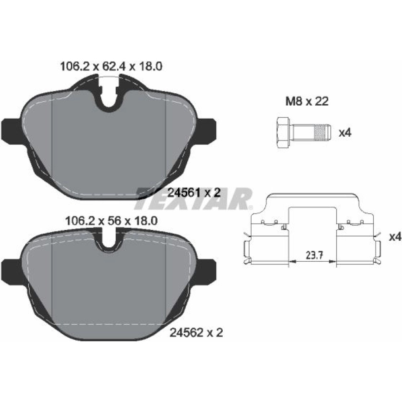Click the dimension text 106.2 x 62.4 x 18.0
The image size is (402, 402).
point(111,67)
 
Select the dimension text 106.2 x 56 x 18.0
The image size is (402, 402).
point(111,221)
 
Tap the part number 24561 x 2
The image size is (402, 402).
point(194,193)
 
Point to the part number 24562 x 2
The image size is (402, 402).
point(197,333)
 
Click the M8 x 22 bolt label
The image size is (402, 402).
point(307,102)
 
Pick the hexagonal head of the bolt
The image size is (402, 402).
point(283,132)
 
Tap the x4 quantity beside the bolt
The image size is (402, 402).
point(345,133)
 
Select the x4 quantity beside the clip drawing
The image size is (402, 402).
point(395,237)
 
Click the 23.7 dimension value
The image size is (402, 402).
point(314,255)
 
